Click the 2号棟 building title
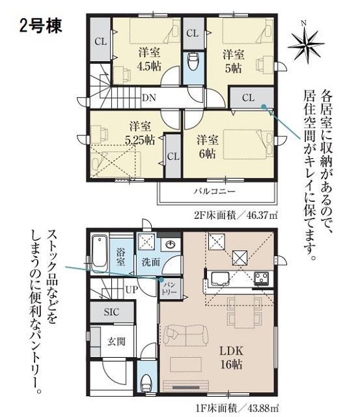pos(40,26)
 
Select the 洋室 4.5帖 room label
pos(149,59)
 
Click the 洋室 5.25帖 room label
pos(141,133)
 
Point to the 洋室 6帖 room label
pos(207,147)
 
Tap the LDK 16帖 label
pos(231,358)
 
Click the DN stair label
pos(149,98)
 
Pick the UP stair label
pos(132,289)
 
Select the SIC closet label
pos(111,311)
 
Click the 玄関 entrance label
pos(117,341)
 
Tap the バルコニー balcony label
pos(214,191)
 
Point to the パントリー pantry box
pos(170,289)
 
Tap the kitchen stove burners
pos(262,278)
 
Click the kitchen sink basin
pos(221,279)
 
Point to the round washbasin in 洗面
pos(169,244)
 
